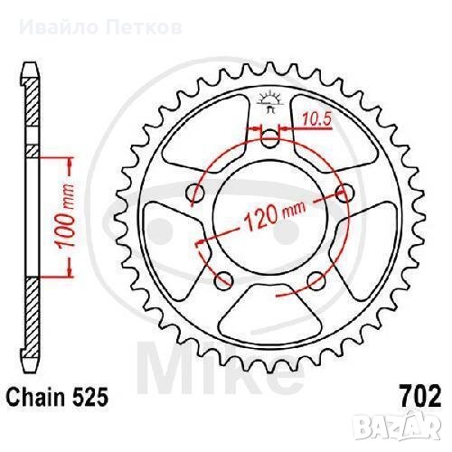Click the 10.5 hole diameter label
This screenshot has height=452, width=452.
(x=316, y=118)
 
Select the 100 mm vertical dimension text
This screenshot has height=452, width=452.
(x=65, y=217)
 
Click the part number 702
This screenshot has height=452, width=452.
(x=420, y=396)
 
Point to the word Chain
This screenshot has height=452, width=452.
(x=36, y=396)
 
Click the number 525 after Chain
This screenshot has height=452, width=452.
(x=89, y=396)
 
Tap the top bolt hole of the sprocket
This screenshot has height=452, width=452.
(x=269, y=139)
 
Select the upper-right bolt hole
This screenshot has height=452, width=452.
(x=344, y=193)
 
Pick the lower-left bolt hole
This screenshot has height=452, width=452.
(x=223, y=280)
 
